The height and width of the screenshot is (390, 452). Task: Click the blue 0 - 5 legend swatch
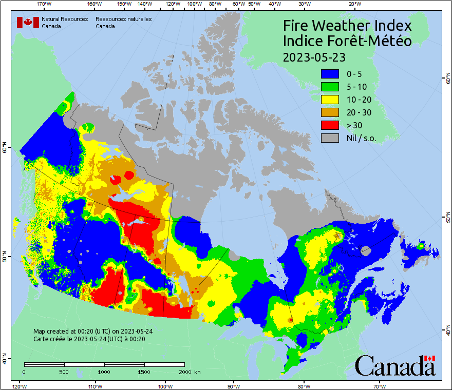coord(331,74)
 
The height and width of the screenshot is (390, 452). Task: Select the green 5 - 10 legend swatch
coord(331,87)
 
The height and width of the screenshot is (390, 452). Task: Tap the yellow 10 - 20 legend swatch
coord(331,100)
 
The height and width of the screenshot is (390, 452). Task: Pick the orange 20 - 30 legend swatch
coord(331,112)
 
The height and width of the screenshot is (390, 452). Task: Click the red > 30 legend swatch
coord(331,125)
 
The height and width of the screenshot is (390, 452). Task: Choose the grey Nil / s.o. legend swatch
coord(331,138)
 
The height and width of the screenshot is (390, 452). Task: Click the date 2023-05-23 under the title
coord(314,56)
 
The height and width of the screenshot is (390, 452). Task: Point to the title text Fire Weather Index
coord(347,25)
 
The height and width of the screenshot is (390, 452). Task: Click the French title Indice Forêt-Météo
coord(347,41)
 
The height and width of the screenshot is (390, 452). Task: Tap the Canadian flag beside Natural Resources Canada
coord(28,23)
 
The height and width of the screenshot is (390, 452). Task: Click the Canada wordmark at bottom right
coord(395,365)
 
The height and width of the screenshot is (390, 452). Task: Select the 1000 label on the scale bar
coord(104,372)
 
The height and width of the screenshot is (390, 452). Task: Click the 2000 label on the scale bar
coord(184,372)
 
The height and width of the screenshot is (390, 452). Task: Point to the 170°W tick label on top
coord(45,4)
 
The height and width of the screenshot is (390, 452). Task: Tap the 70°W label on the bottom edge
coord(379,386)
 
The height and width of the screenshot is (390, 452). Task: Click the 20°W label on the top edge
coord(354,4)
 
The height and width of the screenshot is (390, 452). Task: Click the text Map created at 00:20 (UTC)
coord(92,331)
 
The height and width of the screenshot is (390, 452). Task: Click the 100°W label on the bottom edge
coord(165,386)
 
